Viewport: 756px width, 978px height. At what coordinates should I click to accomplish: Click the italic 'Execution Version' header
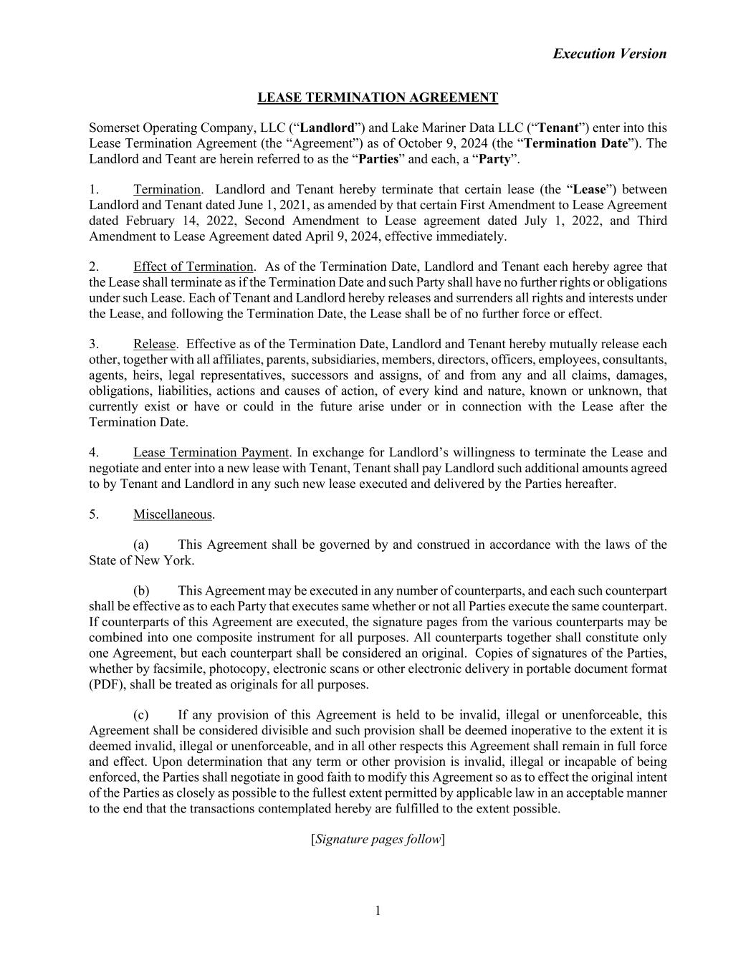coord(609,54)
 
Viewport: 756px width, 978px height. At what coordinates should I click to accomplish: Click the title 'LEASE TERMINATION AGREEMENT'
coord(378,97)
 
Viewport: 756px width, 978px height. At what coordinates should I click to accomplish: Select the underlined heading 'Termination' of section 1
coord(166,190)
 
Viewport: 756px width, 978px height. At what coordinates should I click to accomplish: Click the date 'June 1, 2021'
coord(270,205)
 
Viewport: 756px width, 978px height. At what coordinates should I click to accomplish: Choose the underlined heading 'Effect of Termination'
coord(193,267)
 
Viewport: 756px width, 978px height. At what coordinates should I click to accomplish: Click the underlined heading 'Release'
coord(154,345)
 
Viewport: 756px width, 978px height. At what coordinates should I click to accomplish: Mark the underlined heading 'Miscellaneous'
coord(173,514)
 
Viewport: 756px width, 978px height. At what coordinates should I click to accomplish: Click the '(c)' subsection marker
coord(141,715)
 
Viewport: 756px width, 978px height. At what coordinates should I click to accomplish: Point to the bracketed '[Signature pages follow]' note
coord(378,839)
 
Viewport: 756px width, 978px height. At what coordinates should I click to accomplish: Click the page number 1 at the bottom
coord(378,911)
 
